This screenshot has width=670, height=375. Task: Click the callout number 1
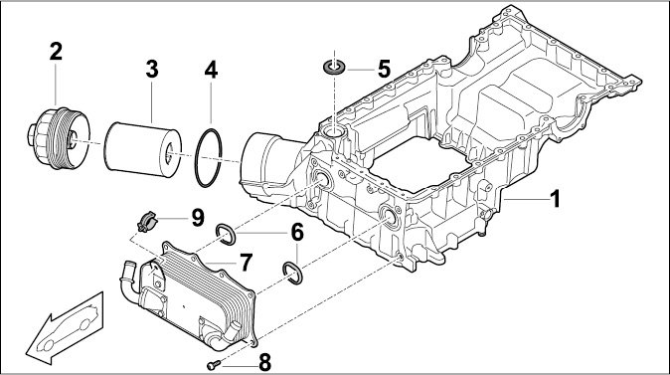pos(555,199)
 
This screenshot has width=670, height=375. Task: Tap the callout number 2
pos(56,52)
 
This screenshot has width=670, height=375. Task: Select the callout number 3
pos(152,70)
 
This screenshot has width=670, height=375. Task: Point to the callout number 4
pos(211,70)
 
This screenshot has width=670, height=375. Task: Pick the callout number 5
pos(384,69)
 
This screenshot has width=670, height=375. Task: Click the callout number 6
pos(297,232)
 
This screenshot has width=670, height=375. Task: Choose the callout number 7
pos(246,263)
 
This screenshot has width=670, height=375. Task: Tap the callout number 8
pos(265,363)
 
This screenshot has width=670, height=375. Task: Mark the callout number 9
pos(198,218)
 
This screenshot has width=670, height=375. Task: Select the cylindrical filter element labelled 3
pos(143,149)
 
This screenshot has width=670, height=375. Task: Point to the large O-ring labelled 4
pos(208,157)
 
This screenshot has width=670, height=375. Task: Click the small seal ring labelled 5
pos(335,67)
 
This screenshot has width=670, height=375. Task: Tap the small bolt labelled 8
pos(214,365)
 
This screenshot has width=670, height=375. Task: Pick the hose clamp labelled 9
pos(147,222)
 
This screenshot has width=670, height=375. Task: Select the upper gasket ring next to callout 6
pos(226,235)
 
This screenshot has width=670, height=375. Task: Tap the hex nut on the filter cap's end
pos(33,134)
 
